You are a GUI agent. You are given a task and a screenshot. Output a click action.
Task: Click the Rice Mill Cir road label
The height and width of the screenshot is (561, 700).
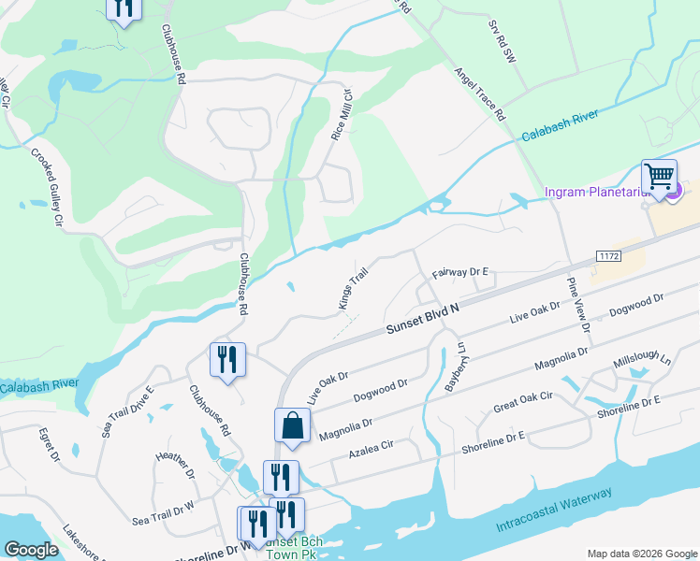tap(340, 114)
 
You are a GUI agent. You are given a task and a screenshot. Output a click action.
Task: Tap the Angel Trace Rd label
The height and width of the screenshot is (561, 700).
tap(480, 94)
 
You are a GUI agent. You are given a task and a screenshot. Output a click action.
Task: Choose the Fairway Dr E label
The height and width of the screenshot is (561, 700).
tap(461, 272)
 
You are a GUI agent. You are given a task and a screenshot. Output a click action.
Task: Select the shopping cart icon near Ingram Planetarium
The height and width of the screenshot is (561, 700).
tap(660, 176)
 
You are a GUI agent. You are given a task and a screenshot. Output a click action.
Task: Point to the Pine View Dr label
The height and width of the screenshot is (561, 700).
tap(577, 305)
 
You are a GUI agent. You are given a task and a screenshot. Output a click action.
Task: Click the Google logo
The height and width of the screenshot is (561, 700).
tap(32, 550)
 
